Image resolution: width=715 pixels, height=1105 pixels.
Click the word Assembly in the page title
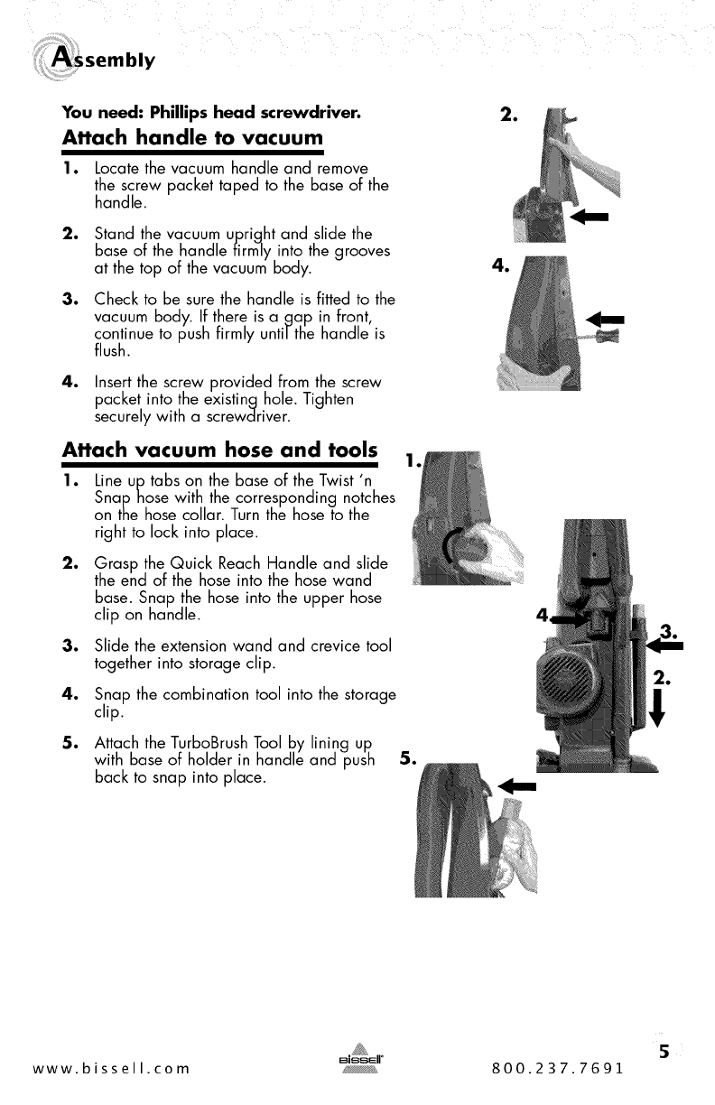click(103, 60)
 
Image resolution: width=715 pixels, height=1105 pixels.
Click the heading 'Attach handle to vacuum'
click(192, 137)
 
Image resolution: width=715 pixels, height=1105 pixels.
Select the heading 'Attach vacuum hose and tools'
click(219, 450)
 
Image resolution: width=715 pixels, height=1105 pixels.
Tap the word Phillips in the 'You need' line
click(179, 113)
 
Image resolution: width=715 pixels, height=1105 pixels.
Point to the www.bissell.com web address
click(111, 1069)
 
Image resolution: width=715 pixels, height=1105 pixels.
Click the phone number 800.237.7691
click(558, 1069)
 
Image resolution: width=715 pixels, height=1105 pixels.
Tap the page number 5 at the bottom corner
click(664, 1052)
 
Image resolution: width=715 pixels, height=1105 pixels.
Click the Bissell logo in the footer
click(360, 1058)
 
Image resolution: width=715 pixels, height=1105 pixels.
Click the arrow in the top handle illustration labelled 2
click(590, 217)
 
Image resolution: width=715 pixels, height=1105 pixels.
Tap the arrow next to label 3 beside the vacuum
click(664, 645)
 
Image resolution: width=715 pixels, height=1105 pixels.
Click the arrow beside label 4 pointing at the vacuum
click(570, 619)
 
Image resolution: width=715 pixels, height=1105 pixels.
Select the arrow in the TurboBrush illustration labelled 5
click(517, 785)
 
